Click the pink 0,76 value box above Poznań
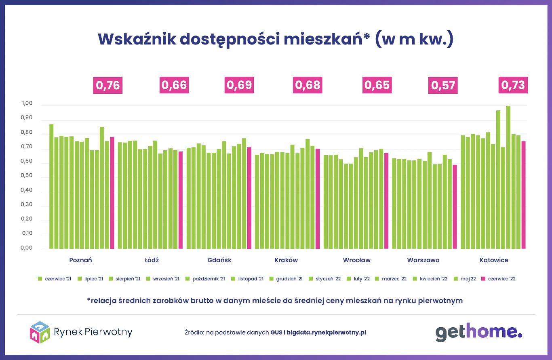click(x=107, y=85)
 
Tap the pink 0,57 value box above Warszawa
click(x=443, y=85)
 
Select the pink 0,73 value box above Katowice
click(x=513, y=85)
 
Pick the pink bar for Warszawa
click(x=455, y=206)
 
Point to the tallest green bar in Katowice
click(x=508, y=177)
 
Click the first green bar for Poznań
click(x=51, y=186)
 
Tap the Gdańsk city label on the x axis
click(x=219, y=260)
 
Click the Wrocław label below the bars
click(x=356, y=260)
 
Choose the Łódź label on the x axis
click(x=152, y=260)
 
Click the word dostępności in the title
click(x=231, y=40)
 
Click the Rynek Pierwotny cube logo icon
click(x=40, y=333)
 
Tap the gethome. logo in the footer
click(x=478, y=332)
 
